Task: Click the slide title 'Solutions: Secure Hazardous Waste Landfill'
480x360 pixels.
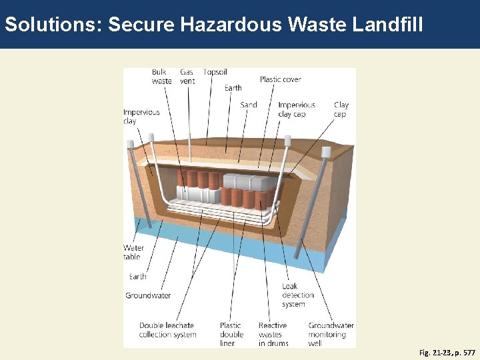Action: [x=213, y=25]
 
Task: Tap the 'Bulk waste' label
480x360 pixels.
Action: [x=161, y=77]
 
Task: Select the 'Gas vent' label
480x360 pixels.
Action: [x=187, y=77]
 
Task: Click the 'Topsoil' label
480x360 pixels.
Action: [x=215, y=72]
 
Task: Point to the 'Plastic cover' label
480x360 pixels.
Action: [x=280, y=79]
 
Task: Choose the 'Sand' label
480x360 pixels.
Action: [x=249, y=105]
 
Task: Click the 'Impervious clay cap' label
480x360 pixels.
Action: [x=297, y=109]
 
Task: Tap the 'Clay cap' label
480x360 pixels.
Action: [x=341, y=109]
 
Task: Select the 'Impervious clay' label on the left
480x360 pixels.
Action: [x=141, y=117]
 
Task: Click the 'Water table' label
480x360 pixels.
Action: [x=133, y=252]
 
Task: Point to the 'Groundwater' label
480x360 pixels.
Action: [x=148, y=295]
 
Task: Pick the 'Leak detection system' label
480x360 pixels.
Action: [x=297, y=295]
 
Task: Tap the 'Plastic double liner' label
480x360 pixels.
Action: [x=231, y=334]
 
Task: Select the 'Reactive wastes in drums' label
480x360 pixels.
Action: [x=273, y=334]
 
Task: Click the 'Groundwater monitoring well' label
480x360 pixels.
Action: [x=331, y=334]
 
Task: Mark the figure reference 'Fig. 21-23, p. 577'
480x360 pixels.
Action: [x=447, y=352]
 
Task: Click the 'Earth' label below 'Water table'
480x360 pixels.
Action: [x=138, y=277]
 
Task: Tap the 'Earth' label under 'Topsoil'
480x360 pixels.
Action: [x=233, y=88]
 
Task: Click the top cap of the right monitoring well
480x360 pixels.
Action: [x=326, y=152]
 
